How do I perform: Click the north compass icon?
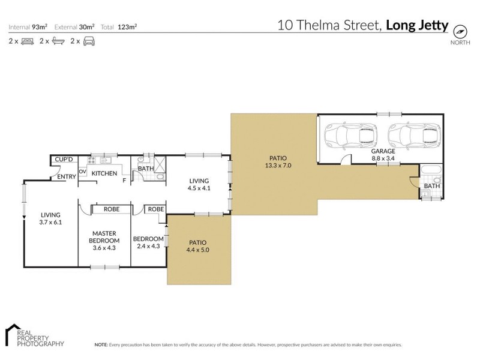click(x=460, y=31)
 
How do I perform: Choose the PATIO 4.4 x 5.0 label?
click(x=197, y=245)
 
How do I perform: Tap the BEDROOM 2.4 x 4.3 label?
click(x=147, y=241)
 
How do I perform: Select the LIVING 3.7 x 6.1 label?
click(x=51, y=218)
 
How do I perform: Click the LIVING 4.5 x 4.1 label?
click(x=199, y=184)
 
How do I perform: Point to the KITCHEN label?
click(x=104, y=173)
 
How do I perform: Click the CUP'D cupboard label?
click(x=64, y=160)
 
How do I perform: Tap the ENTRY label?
click(x=66, y=177)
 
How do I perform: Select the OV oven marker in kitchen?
click(x=82, y=172)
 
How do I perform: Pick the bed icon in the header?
click(x=27, y=41)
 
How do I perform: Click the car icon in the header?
click(x=89, y=41)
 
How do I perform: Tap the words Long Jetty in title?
click(x=416, y=25)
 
